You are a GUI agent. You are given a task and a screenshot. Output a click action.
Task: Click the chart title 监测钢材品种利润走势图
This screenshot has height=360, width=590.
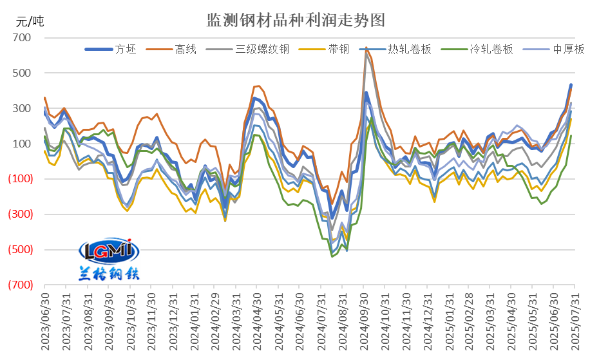[295, 20]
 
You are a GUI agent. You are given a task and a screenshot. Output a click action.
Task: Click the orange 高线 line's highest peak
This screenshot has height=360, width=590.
[366, 48]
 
